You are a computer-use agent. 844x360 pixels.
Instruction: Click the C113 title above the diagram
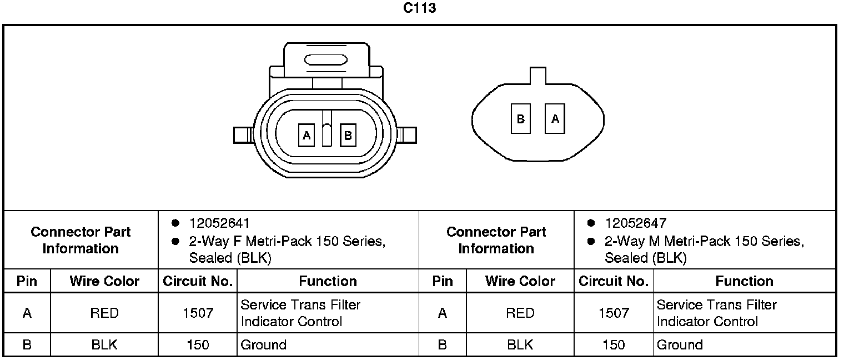click(x=419, y=8)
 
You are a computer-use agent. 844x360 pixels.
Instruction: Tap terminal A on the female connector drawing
click(x=307, y=135)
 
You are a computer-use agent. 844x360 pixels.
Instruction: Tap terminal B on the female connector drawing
click(x=348, y=135)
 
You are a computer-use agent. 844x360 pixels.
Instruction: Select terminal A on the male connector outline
click(x=555, y=118)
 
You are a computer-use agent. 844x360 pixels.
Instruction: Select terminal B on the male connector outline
click(x=521, y=118)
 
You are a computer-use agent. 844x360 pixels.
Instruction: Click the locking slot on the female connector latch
click(x=326, y=59)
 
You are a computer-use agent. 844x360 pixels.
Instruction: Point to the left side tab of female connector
click(x=243, y=135)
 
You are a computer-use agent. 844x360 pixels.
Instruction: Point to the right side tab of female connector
click(x=408, y=135)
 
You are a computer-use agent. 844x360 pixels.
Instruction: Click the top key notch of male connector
click(x=537, y=75)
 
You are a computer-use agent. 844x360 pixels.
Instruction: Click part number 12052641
click(x=219, y=223)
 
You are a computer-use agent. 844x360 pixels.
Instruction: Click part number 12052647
click(x=635, y=223)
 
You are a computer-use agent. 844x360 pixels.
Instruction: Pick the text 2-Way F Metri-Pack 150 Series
click(x=287, y=242)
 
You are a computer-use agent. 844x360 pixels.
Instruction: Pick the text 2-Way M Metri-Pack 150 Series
click(x=704, y=242)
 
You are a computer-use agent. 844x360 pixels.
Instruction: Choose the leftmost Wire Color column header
click(x=104, y=281)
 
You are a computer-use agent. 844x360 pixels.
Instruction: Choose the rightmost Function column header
click(x=744, y=281)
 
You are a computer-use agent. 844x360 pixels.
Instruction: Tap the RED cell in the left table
click(x=104, y=313)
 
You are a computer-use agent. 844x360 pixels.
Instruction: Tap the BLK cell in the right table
click(x=520, y=345)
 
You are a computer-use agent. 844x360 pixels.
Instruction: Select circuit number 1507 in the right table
click(x=614, y=313)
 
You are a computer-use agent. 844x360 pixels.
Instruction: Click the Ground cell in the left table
click(x=263, y=345)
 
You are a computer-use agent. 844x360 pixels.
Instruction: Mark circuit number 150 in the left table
click(x=198, y=345)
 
